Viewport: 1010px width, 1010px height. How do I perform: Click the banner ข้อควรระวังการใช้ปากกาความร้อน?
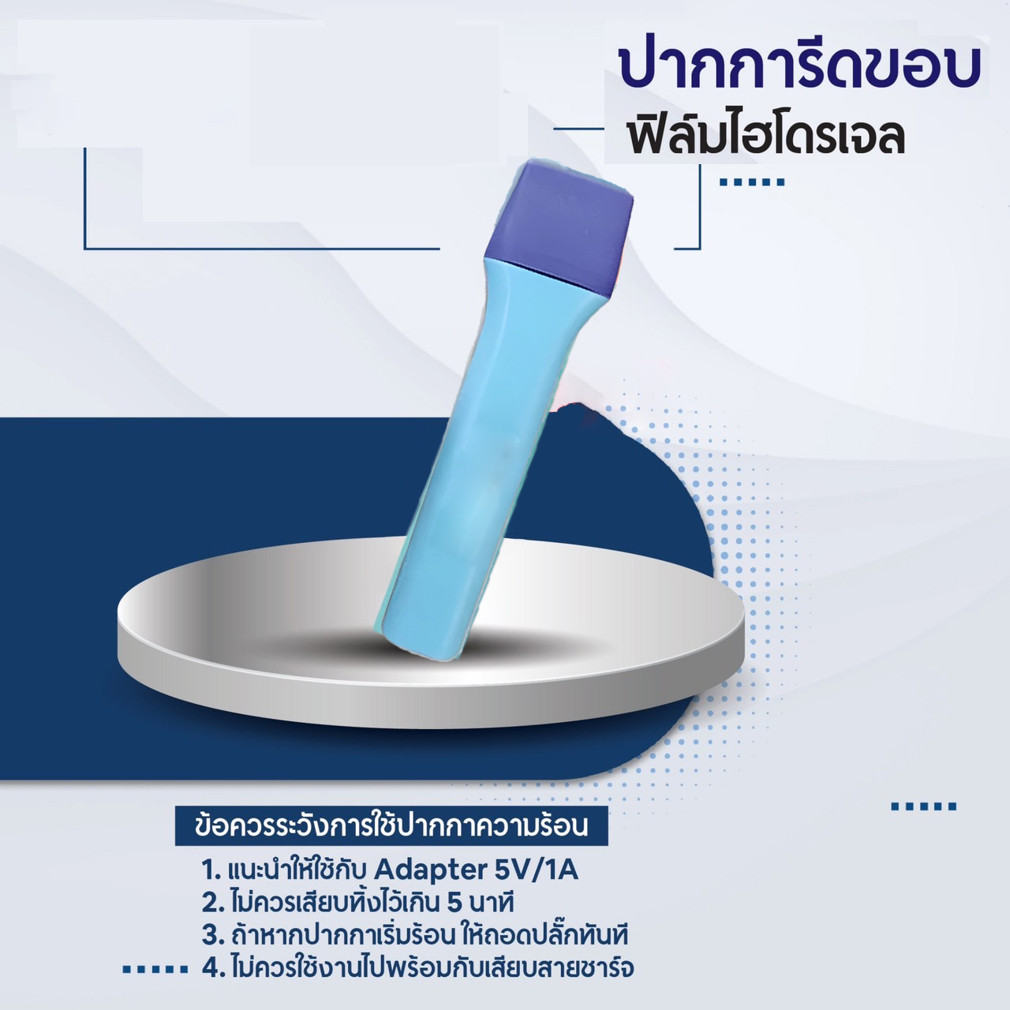[391, 826]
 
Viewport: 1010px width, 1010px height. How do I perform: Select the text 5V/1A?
[536, 870]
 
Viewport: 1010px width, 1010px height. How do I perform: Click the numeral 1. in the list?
[211, 870]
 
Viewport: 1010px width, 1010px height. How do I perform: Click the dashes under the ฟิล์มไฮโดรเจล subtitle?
[753, 182]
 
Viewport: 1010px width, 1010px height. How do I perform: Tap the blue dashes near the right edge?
[923, 806]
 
